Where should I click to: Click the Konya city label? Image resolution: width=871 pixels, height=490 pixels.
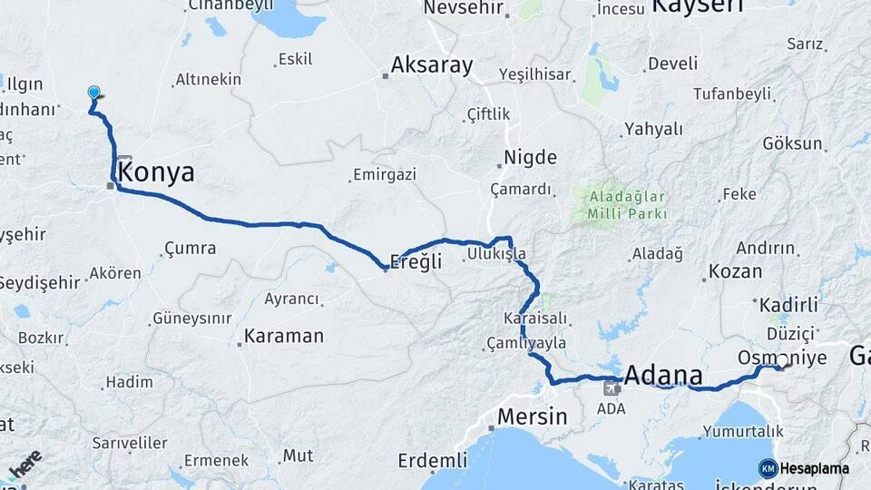156,172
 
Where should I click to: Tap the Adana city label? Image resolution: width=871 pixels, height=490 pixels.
663,376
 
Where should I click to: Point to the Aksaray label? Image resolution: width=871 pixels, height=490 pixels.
432,65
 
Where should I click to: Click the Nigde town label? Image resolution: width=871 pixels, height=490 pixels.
530,158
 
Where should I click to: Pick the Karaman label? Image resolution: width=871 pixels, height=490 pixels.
285,336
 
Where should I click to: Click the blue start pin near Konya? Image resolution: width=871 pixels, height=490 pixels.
93,93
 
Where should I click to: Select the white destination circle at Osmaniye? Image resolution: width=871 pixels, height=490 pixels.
781,361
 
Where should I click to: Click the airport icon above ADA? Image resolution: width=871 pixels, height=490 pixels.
612,388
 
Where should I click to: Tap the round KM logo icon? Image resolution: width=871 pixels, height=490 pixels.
768,468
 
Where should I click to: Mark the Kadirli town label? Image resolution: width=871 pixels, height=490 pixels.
788,305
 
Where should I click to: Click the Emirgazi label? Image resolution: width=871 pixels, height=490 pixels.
384,175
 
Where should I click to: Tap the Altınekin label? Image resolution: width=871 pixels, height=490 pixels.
208,80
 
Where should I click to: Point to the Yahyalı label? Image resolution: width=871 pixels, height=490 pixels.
652,129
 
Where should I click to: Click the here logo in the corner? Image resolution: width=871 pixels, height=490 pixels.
24,465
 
